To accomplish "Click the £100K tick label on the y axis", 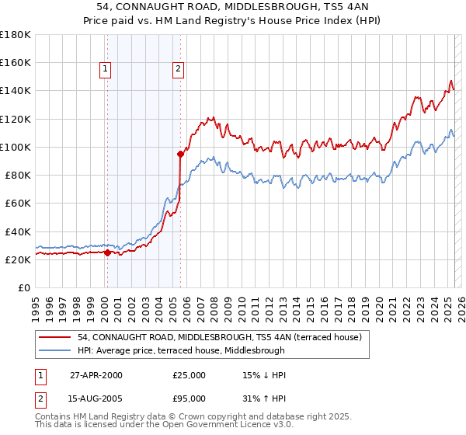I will point(16,147).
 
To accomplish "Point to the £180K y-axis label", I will point(16,35).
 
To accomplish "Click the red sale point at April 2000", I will point(107,252).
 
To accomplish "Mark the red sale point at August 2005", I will point(180,154).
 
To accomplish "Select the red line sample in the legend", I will point(55,337).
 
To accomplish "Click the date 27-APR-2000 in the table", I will point(96,375).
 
